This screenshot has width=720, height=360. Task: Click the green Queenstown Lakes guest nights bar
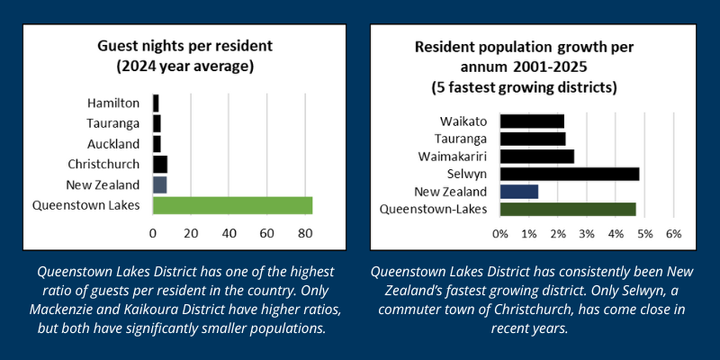tap(232, 205)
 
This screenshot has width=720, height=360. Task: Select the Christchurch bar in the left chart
tap(160, 164)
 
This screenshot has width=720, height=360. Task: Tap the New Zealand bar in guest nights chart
tap(159, 184)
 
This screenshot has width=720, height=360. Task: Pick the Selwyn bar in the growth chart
tap(569, 174)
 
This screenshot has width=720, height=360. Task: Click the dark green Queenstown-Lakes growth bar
tap(567, 209)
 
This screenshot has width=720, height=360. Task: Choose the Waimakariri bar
tap(536, 156)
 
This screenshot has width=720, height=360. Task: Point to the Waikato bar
tap(531, 121)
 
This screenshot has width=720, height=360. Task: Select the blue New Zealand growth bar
tap(518, 191)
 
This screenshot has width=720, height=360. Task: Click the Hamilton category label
tap(113, 103)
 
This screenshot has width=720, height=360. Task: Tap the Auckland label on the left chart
tap(113, 144)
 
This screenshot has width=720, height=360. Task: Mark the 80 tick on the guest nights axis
tap(305, 234)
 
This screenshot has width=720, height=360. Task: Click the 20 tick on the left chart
tap(191, 234)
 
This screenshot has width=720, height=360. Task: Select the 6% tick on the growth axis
tap(671, 233)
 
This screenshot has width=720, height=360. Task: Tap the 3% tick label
tap(586, 233)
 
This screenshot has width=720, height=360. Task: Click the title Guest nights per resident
tap(185, 47)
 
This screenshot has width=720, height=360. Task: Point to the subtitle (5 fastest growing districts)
tap(528, 87)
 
